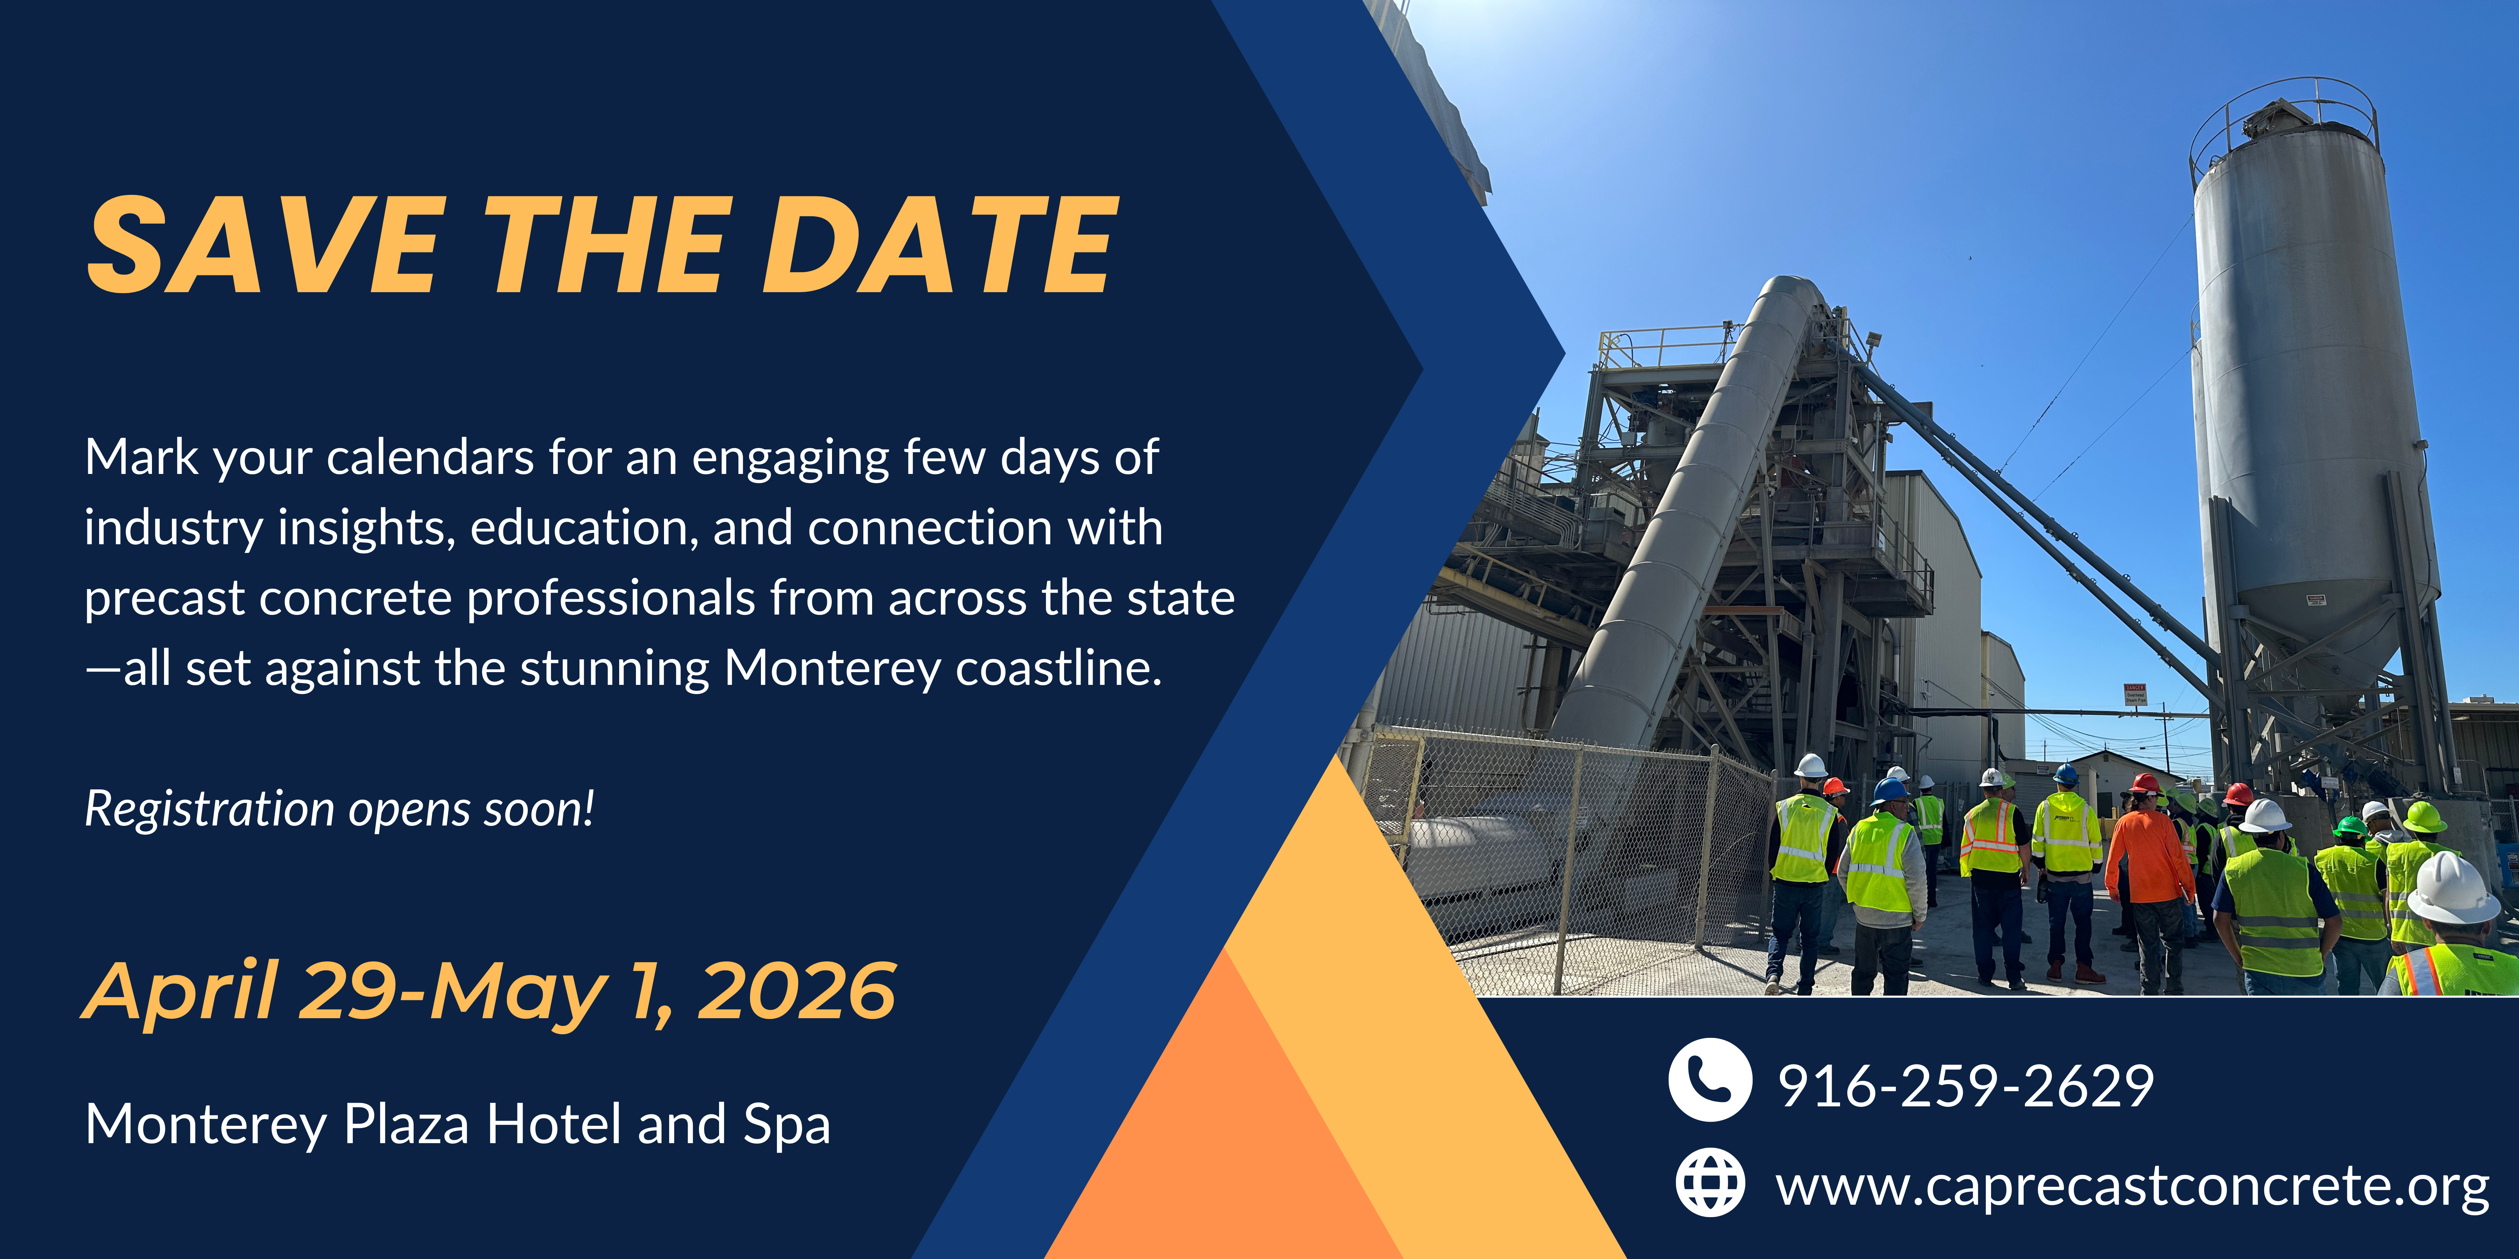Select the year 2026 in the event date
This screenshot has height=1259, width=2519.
(x=797, y=991)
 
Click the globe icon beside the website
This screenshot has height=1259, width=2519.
(x=1709, y=1183)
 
